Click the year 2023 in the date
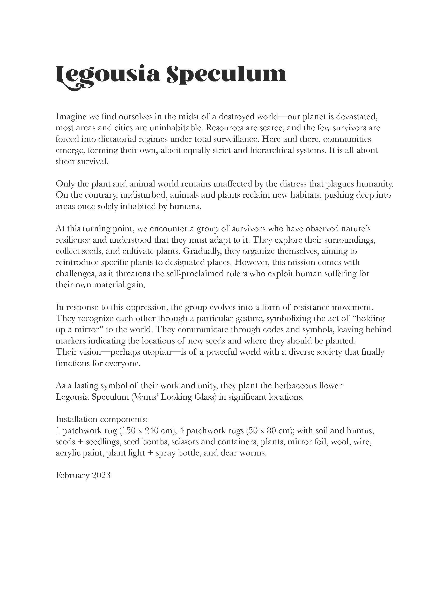pos(101,476)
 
